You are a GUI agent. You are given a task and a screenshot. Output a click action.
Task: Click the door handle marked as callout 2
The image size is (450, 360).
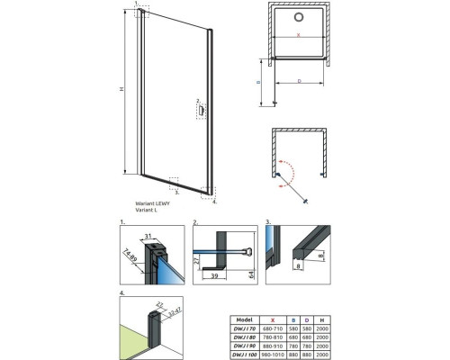pyautogui.click(x=202, y=112)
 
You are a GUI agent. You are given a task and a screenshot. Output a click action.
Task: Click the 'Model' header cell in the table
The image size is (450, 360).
pyautogui.click(x=243, y=319)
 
